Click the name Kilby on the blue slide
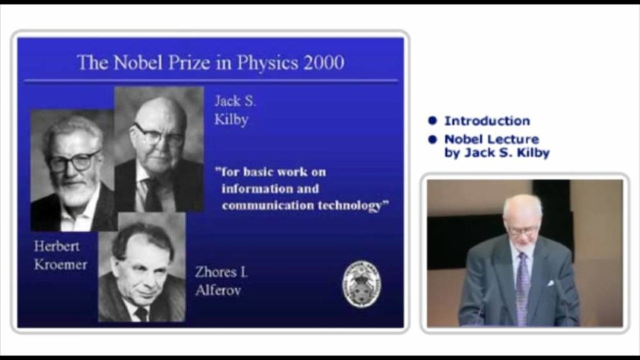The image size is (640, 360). [231, 120]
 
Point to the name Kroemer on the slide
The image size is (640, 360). [60, 264]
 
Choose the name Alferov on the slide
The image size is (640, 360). [218, 290]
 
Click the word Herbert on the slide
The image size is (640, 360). [57, 246]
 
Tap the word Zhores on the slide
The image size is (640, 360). [216, 272]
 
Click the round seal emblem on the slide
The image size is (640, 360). [361, 284]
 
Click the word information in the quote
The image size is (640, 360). [253, 188]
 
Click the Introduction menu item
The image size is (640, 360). [487, 121]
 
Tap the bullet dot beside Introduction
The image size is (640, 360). [432, 121]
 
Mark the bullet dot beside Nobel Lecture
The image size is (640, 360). [432, 139]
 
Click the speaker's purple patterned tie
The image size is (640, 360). [522, 288]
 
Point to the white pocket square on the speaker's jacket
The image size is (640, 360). [550, 283]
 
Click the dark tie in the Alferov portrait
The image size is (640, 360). [142, 314]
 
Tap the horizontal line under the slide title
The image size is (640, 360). [211, 81]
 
